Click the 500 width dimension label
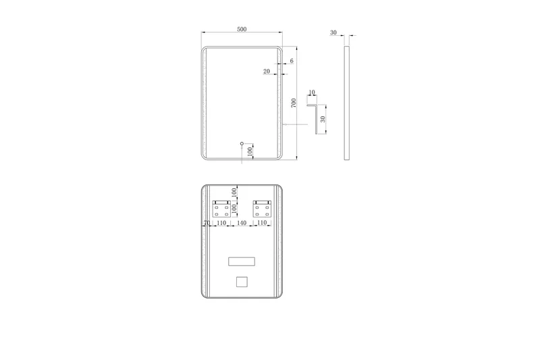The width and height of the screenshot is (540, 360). tap(242, 29)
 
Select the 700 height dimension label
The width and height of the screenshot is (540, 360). tap(294, 103)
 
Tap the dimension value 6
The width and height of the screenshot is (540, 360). tap(292, 61)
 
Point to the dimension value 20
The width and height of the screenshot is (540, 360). tap(267, 72)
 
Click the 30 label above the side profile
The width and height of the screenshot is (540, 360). tap(333, 32)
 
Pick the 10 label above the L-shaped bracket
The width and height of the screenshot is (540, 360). tap(312, 93)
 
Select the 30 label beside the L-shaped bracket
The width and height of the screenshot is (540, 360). tap(323, 119)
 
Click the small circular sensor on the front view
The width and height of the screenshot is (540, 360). tap(242, 143)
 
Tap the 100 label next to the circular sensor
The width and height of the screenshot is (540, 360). tap(250, 151)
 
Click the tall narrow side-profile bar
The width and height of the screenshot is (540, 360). tap(347, 103)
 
